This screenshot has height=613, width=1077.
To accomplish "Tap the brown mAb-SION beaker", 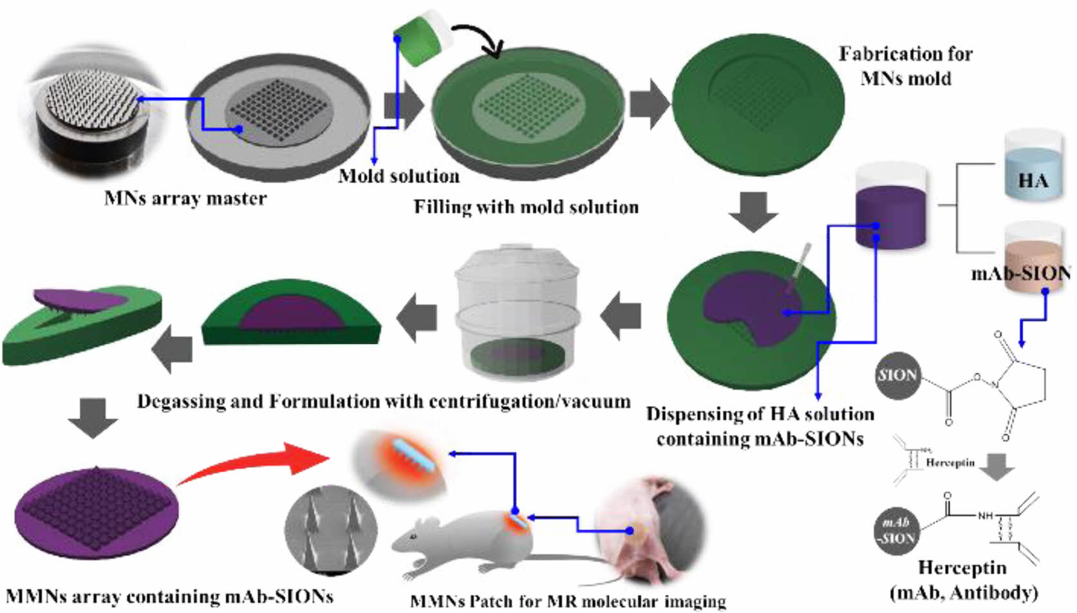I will pyautogui.click(x=1032, y=258).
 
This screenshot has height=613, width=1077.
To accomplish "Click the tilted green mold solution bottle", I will pyautogui.click(x=418, y=39).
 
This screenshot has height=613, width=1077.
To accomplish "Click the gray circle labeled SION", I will pyautogui.click(x=897, y=375).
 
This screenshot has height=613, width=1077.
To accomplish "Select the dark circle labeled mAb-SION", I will pyautogui.click(x=896, y=530).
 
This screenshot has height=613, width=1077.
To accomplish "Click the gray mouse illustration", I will pyautogui.click(x=464, y=544).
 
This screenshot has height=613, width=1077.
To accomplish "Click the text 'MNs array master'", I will pyautogui.click(x=185, y=198).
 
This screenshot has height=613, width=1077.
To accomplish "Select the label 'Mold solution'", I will pyautogui.click(x=399, y=176).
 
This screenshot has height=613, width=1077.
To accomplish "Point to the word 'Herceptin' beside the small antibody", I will pyautogui.click(x=950, y=463).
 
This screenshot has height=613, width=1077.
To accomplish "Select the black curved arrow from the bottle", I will pyautogui.click(x=480, y=39).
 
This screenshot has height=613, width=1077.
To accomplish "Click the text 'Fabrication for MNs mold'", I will pyautogui.click(x=905, y=66).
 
